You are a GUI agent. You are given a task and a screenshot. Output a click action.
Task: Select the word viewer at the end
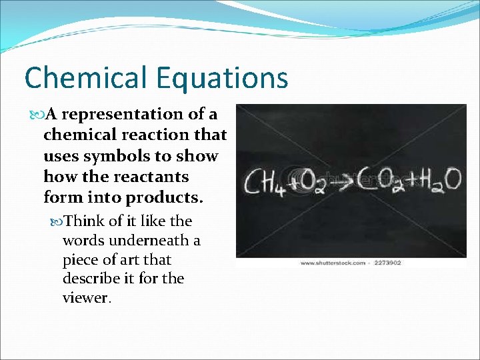pyautogui.click(x=86, y=298)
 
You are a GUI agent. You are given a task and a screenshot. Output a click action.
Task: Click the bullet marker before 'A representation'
pyautogui.click(x=37, y=115)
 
